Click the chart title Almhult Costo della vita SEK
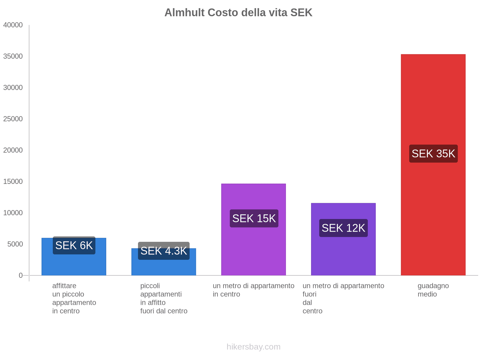coord(238,13)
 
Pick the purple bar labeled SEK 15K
coord(253,246)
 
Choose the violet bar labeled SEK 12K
coord(343,255)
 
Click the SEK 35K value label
coord(433,154)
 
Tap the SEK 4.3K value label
coord(163,251)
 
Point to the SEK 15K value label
coord(254,218)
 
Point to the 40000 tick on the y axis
coord(13,25)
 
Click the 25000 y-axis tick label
coord(13,119)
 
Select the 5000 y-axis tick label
coord(15,244)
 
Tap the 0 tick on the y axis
coord(21,275)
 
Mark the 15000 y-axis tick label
coord(13,181)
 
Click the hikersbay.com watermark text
coord(253,347)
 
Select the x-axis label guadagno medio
coord(433,290)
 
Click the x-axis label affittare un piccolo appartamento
coord(74,298)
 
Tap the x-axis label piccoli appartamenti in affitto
coord(163,298)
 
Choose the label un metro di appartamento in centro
coord(253,290)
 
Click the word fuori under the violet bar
coord(309,294)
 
